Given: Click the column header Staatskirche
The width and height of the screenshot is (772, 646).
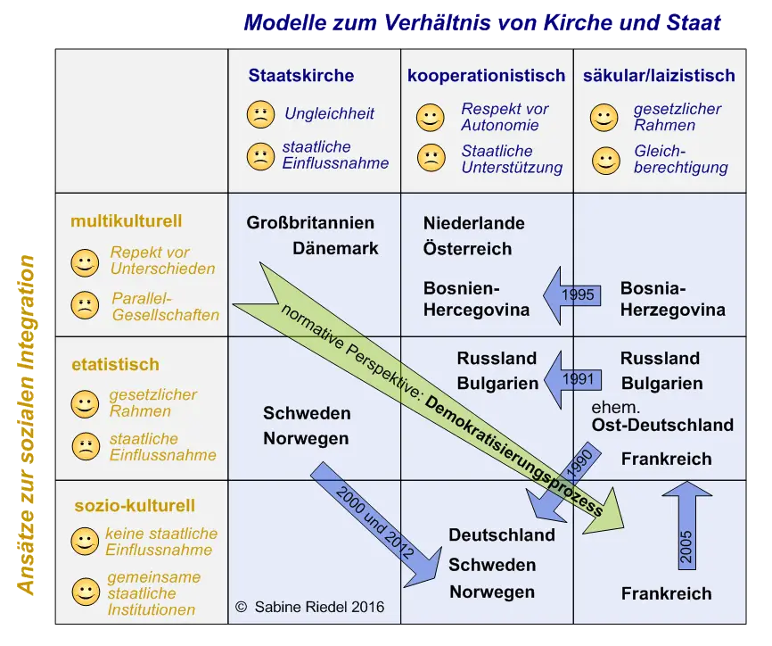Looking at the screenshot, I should pyautogui.click(x=300, y=76).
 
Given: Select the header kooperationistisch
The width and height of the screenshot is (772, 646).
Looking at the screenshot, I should pyautogui.click(x=486, y=76).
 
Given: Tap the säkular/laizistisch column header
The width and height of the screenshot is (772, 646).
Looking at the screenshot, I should pyautogui.click(x=659, y=76).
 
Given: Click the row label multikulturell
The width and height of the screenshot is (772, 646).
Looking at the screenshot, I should pyautogui.click(x=126, y=221).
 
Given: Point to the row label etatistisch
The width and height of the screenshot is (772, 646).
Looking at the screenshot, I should pyautogui.click(x=115, y=364).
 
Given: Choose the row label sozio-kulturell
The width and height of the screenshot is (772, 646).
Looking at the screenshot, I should pyautogui.click(x=134, y=506).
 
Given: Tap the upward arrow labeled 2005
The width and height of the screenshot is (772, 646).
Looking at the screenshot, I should pyautogui.click(x=686, y=535).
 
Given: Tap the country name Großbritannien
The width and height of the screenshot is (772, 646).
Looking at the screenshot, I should pyautogui.click(x=310, y=223).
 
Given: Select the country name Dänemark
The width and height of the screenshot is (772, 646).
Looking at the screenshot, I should pyautogui.click(x=335, y=249).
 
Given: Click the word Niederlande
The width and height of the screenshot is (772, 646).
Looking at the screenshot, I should pyautogui.click(x=473, y=223).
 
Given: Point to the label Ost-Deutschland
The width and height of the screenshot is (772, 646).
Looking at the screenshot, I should pyautogui.click(x=662, y=425).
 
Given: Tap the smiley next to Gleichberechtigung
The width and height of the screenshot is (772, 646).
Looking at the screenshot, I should pyautogui.click(x=605, y=160).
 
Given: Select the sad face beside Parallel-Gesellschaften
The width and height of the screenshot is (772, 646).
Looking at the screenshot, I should pyautogui.click(x=85, y=306).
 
